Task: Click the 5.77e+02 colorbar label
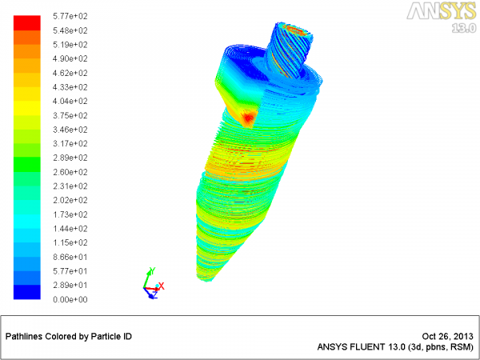70,16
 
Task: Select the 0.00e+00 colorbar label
70,300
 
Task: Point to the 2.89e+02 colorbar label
70,158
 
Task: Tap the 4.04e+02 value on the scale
70,102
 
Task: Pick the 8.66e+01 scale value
70,257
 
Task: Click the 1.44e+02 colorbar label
70,229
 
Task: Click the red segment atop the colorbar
27,23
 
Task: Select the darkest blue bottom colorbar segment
27,292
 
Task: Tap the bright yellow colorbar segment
27,108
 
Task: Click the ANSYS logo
441,12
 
